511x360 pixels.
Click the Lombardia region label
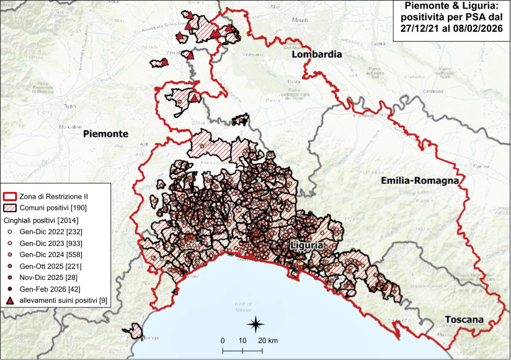click(316, 55)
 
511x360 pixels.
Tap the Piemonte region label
click(105, 133)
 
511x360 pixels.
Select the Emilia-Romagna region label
click(420, 181)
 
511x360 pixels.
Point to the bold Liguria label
click(306, 245)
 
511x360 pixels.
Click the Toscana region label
click(463, 320)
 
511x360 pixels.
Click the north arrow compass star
click(255, 323)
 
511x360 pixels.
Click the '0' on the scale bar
click(223, 341)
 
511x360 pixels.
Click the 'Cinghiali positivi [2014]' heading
click(41, 220)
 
